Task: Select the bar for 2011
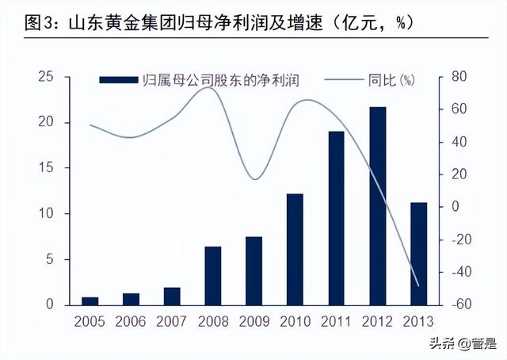(x=337, y=218)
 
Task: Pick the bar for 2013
(x=419, y=254)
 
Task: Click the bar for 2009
(x=253, y=270)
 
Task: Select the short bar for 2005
(x=90, y=301)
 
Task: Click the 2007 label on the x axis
(x=172, y=323)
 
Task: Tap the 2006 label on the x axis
(x=131, y=323)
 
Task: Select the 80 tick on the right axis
(x=459, y=77)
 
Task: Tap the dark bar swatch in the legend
(x=118, y=79)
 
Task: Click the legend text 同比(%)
(x=391, y=79)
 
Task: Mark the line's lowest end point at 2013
(x=417, y=285)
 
